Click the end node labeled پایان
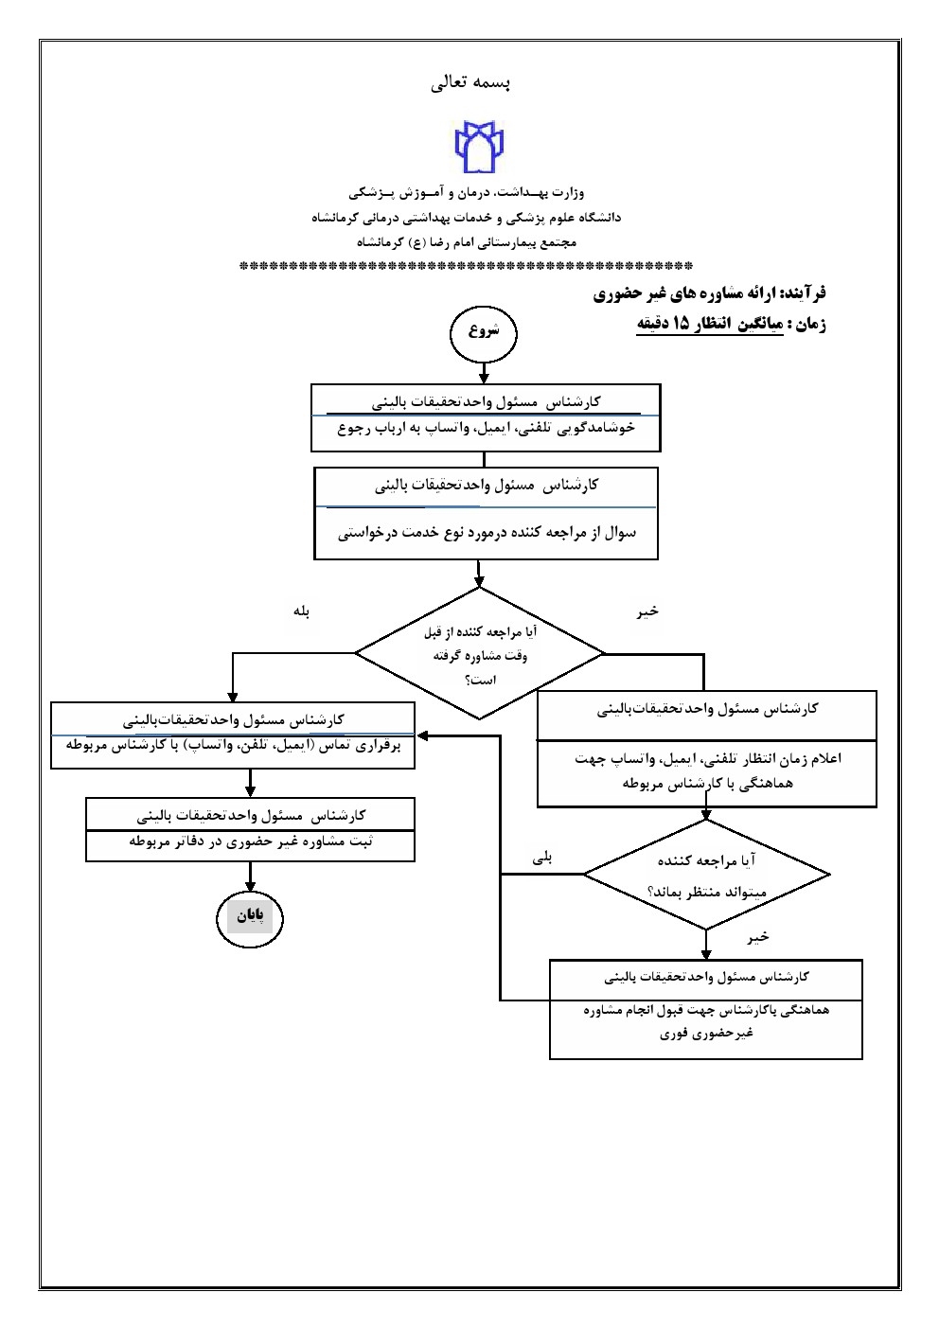click(x=249, y=916)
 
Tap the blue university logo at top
click(x=480, y=146)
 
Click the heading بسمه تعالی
click(x=470, y=83)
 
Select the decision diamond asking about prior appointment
click(x=479, y=654)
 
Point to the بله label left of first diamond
click(x=302, y=612)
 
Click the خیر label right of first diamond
click(x=647, y=612)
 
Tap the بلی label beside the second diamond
click(x=543, y=859)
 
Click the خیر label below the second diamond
click(x=758, y=936)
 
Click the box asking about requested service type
click(x=487, y=533)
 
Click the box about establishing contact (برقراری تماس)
click(x=233, y=746)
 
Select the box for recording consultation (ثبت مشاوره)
click(x=251, y=841)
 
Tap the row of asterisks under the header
click(x=467, y=267)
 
